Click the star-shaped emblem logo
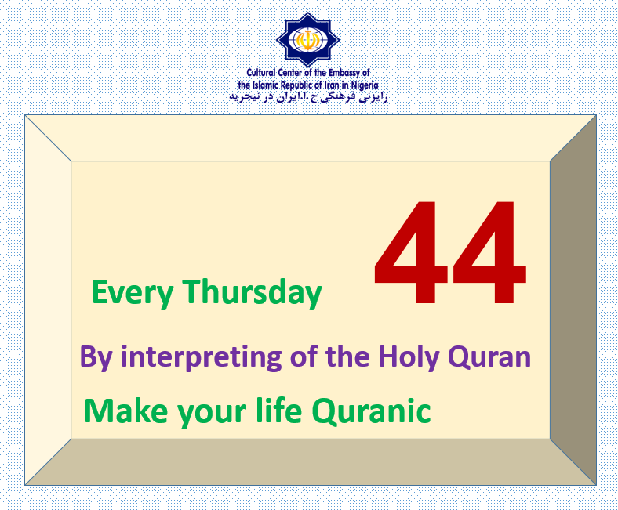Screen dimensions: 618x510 click(x=307, y=39)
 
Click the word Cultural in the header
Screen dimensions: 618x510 click(x=260, y=72)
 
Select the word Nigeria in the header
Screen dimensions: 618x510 click(x=365, y=85)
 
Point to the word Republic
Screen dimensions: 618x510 click(x=296, y=85)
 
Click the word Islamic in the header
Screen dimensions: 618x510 click(x=265, y=85)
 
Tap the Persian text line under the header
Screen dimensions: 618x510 click(x=308, y=97)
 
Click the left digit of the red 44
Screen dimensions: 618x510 click(x=411, y=252)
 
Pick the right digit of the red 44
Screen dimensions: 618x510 click(x=489, y=252)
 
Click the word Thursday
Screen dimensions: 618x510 click(x=252, y=291)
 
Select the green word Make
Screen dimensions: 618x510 click(x=125, y=411)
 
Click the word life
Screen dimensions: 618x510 click(x=279, y=411)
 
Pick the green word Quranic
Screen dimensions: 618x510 click(x=371, y=411)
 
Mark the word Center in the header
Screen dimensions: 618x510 click(x=289, y=72)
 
